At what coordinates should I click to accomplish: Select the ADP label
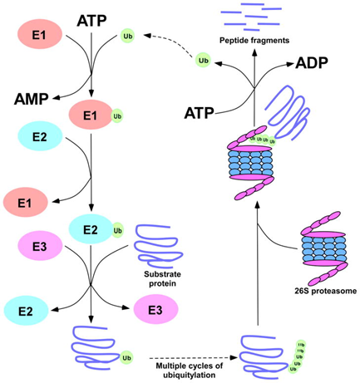coord(312,63)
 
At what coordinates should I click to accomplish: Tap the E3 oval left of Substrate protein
coord(40,247)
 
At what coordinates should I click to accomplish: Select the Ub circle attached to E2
coord(117,228)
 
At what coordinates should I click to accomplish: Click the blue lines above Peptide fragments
coord(262,17)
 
